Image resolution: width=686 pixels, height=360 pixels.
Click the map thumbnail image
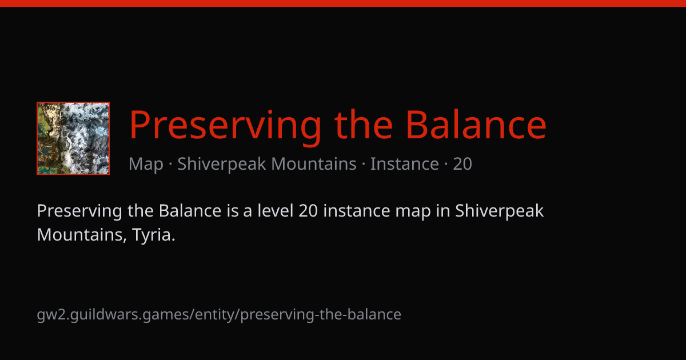(x=73, y=138)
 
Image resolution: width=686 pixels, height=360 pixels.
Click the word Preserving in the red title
(x=225, y=125)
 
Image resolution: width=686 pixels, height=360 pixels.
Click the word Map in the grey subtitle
(x=146, y=164)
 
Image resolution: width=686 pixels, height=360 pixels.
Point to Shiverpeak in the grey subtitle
(x=221, y=164)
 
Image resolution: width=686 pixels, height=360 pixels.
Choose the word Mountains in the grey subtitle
(x=314, y=163)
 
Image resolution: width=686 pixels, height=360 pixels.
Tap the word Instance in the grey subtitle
(x=405, y=163)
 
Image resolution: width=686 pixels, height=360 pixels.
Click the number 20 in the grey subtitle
(x=462, y=164)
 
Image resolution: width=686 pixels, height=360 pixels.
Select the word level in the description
(x=276, y=211)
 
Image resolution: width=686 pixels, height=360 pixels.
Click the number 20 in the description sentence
(x=308, y=211)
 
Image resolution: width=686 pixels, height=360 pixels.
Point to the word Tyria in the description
(x=153, y=235)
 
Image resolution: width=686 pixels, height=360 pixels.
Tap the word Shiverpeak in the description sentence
(x=499, y=211)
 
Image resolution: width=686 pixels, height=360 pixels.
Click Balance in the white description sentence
(x=190, y=211)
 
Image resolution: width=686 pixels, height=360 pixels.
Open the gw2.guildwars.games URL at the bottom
(x=219, y=315)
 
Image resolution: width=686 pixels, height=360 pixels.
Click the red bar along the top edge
(x=343, y=3)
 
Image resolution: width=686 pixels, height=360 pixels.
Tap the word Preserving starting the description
(x=79, y=211)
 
